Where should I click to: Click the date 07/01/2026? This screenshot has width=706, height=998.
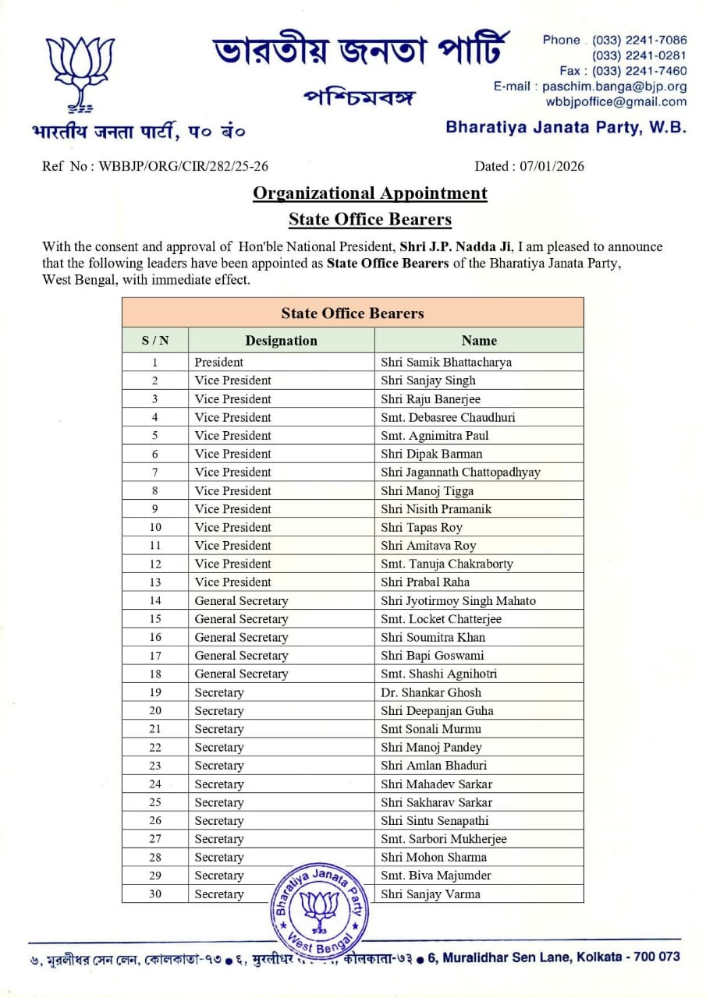coord(551,166)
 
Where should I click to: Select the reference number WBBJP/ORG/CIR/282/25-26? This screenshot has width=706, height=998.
coord(184,166)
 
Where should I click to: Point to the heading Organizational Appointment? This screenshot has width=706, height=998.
coord(370,193)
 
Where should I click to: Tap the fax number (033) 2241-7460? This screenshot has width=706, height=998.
coord(640,71)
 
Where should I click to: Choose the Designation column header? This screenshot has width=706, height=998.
coord(281,341)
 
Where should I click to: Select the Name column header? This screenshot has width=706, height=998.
coord(478,341)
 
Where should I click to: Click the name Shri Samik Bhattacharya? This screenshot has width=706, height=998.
coord(446,362)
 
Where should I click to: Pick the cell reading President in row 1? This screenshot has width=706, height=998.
coord(219,362)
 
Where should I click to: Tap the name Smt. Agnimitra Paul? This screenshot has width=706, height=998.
coord(435,435)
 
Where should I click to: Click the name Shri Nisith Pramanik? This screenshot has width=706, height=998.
coord(436,509)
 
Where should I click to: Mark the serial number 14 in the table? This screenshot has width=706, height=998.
coord(155,600)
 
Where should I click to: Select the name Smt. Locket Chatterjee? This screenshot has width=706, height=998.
coord(441,619)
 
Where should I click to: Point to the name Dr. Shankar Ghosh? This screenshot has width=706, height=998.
coord(431,692)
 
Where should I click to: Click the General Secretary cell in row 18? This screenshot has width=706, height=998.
coord(241,674)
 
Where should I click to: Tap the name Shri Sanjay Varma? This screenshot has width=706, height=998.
coord(430,894)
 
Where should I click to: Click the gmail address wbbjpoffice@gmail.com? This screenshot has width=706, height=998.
coord(616,101)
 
